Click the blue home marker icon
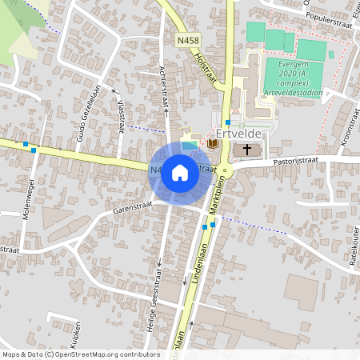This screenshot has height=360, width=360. tap(180, 171)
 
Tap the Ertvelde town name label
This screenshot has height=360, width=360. tap(241, 134)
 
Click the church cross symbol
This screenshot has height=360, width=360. tap(247, 150)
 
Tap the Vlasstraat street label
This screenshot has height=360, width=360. tap(122, 114)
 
